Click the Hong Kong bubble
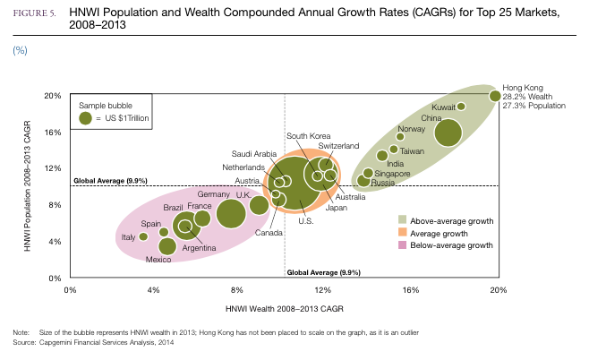[495, 95]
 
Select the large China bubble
[448, 133]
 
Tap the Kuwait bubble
[461, 107]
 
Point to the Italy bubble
[143, 236]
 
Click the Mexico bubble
[167, 246]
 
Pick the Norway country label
[411, 129]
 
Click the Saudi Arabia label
[254, 153]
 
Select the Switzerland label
[338, 145]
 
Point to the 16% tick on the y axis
[53, 132]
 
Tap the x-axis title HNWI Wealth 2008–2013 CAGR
[284, 307]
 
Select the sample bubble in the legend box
[85, 117]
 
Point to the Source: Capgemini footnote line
[94, 342]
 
